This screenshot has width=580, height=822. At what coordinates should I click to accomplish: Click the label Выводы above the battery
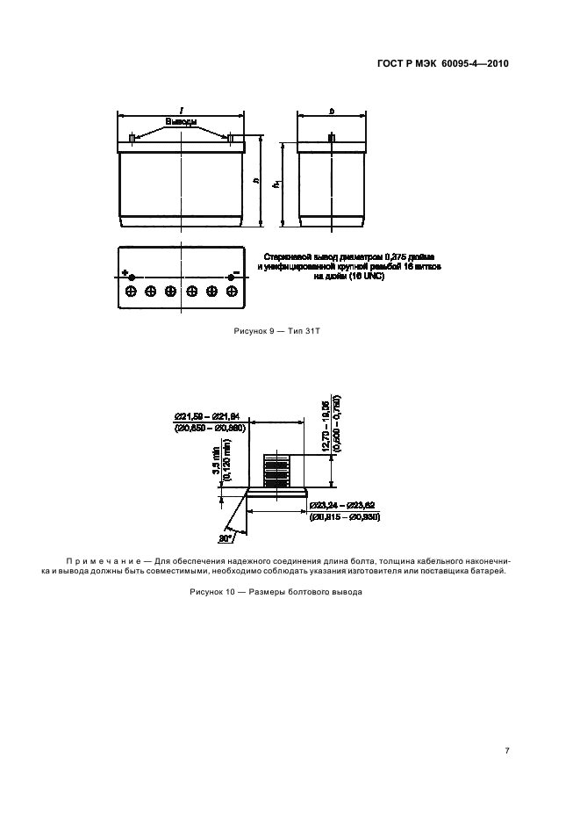tap(180, 121)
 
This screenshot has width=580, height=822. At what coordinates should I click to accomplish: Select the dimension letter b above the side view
tap(331, 111)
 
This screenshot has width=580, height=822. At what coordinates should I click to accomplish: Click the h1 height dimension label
tap(276, 184)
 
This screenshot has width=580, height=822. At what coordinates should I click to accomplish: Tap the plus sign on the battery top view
tap(125, 272)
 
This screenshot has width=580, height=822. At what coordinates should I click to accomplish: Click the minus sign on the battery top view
tap(234, 273)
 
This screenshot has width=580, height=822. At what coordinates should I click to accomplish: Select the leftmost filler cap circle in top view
tap(132, 291)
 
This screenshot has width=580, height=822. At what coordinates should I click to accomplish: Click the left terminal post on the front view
tap(132, 139)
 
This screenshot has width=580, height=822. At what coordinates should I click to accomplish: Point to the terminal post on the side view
tap(331, 139)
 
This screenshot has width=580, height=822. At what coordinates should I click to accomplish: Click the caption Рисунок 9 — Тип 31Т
tap(275, 332)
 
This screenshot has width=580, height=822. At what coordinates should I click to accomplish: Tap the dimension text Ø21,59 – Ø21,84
tap(207, 415)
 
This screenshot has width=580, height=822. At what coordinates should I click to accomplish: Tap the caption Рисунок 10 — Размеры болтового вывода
tap(275, 592)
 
